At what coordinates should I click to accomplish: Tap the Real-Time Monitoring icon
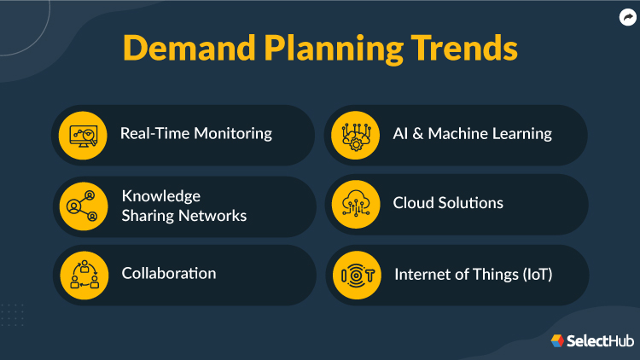click(x=84, y=134)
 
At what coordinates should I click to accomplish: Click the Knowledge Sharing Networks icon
click(x=84, y=206)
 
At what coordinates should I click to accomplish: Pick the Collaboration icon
click(x=84, y=275)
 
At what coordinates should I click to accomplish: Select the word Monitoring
click(x=233, y=134)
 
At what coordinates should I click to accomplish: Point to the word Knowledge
click(x=161, y=195)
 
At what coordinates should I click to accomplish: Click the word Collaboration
click(x=169, y=273)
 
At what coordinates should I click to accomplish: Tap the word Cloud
click(x=413, y=203)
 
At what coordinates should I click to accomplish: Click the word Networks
click(x=213, y=216)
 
